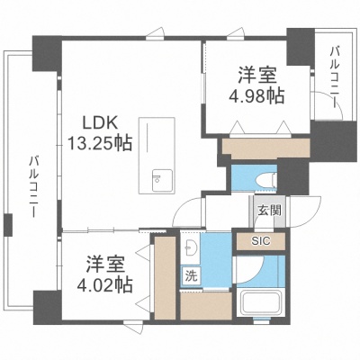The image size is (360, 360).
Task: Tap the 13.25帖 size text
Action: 100,143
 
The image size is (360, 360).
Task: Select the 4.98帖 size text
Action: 256,96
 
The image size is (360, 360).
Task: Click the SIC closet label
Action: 261,240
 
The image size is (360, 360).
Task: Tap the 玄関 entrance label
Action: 270,211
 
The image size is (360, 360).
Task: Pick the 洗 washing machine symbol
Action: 191,276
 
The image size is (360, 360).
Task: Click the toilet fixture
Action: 266,180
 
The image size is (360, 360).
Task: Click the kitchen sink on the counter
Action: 162,180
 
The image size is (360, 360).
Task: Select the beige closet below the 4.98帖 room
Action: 266,148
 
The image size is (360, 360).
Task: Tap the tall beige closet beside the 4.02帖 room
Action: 165,278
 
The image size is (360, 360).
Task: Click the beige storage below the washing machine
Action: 206,305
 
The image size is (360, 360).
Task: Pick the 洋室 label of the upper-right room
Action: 256,75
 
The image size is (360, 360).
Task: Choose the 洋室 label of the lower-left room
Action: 104,265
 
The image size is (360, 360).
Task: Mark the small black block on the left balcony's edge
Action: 8,224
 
